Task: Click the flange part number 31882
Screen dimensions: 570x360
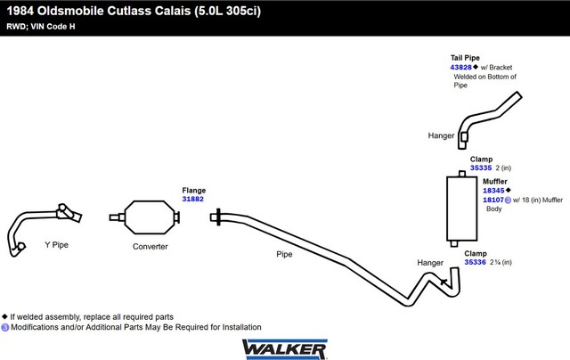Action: tap(192, 199)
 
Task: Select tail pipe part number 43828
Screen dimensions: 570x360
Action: tap(460, 67)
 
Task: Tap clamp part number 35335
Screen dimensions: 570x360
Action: tap(481, 168)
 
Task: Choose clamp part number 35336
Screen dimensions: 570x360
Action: tap(475, 262)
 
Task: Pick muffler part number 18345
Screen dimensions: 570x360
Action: tap(493, 191)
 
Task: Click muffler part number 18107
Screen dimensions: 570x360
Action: tap(493, 200)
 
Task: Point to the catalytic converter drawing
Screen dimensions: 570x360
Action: tap(144, 217)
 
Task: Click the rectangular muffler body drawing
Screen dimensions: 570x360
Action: tap(461, 209)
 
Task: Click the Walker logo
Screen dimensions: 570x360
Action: tap(285, 349)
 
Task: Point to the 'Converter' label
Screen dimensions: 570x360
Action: tap(151, 247)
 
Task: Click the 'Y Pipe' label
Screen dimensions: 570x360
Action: tap(57, 245)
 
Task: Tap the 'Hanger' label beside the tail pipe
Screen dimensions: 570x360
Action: tap(441, 135)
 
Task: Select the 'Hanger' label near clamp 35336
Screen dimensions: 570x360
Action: tap(430, 263)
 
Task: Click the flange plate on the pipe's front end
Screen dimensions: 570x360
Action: tap(218, 217)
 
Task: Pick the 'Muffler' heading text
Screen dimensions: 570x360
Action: tap(495, 181)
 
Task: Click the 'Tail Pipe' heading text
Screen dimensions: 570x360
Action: tap(465, 58)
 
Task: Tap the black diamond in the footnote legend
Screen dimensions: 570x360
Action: tap(4, 316)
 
